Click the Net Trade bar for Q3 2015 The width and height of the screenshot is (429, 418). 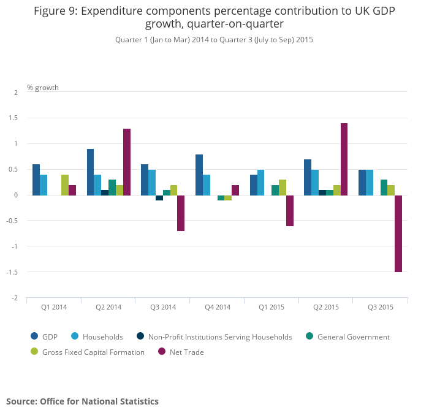pyautogui.click(x=398, y=234)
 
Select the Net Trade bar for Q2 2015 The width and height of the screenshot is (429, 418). pyautogui.click(x=344, y=159)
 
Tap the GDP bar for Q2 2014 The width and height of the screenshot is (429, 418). pyautogui.click(x=90, y=172)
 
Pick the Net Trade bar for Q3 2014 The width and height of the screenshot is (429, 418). pyautogui.click(x=181, y=213)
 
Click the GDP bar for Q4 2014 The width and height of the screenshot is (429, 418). pyautogui.click(x=199, y=175)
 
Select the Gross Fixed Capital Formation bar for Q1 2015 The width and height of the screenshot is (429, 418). pyautogui.click(x=283, y=188)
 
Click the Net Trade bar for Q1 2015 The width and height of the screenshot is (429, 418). pyautogui.click(x=290, y=211)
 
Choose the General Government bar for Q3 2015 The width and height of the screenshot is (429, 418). pyautogui.click(x=384, y=188)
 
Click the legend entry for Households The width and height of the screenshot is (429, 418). pyautogui.click(x=102, y=336)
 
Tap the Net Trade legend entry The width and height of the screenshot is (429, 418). pyautogui.click(x=186, y=352)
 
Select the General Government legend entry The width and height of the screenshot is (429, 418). pyautogui.click(x=353, y=336)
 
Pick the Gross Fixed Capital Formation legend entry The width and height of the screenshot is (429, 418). pyautogui.click(x=93, y=352)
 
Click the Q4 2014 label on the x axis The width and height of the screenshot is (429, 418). pyautogui.click(x=218, y=307)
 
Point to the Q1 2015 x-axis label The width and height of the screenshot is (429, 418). pyautogui.click(x=271, y=307)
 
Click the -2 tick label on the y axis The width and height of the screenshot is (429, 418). pyautogui.click(x=15, y=298)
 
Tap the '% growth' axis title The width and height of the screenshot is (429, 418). pyautogui.click(x=43, y=88)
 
